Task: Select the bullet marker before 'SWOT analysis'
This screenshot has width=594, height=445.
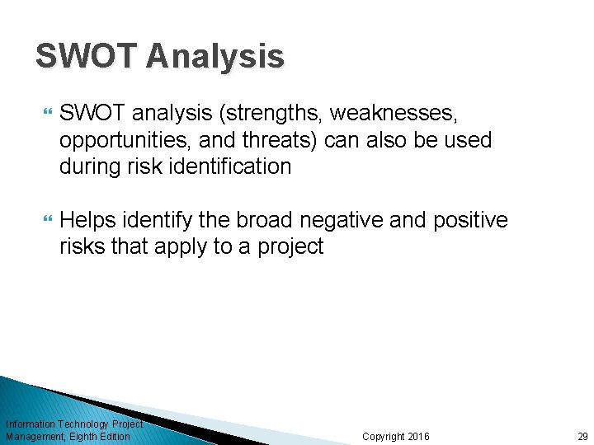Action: point(45,112)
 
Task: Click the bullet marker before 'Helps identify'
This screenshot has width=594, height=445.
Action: point(45,220)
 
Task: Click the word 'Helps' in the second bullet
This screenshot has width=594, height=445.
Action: point(88,220)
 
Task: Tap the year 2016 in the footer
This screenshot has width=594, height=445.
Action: point(418,436)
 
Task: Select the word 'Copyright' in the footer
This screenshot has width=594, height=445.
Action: point(383,436)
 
